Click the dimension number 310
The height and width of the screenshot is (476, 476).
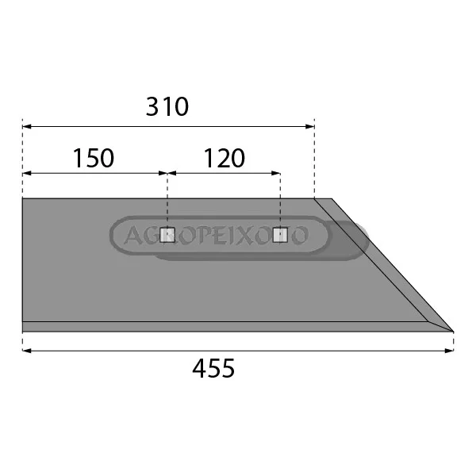click(x=167, y=107)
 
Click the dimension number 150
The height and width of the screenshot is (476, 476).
click(x=94, y=158)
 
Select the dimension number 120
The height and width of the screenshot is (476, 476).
click(x=224, y=158)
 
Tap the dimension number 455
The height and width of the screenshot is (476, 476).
click(x=213, y=368)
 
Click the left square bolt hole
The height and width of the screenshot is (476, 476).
click(x=167, y=235)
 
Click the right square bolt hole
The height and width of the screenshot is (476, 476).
click(x=280, y=235)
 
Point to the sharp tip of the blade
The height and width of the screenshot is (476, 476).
click(x=453, y=331)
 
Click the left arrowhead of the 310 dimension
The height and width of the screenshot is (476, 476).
click(x=27, y=126)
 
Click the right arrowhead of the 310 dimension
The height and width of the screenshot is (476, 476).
click(x=310, y=126)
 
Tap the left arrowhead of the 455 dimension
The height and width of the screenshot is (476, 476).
click(x=27, y=351)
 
